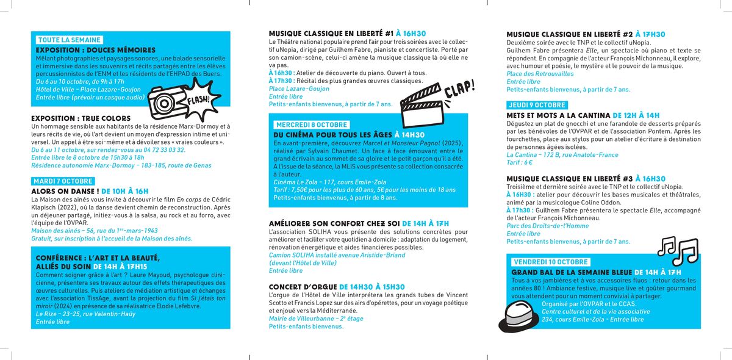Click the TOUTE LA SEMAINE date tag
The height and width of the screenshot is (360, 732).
pyautogui.click(x=69, y=40)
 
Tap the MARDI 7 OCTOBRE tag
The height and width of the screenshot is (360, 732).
pyautogui.click(x=63, y=181)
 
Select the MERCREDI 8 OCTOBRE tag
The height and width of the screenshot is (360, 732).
pyautogui.click(x=311, y=124)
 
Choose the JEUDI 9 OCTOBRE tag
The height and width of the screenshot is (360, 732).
pyautogui.click(x=537, y=105)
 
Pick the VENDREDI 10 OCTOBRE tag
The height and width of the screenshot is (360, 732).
pyautogui.click(x=551, y=262)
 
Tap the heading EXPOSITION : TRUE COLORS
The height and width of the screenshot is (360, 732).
pyautogui.click(x=81, y=118)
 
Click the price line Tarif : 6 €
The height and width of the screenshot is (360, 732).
pyautogui.click(x=520, y=162)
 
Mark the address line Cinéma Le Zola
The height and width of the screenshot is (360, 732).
pyautogui.click(x=312, y=182)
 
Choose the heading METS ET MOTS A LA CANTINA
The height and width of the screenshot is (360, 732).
pyautogui.click(x=558, y=115)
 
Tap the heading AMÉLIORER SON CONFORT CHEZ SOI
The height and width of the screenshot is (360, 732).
pyautogui.click(x=334, y=223)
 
